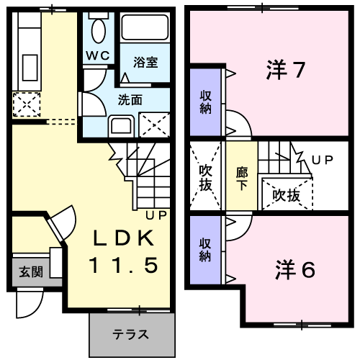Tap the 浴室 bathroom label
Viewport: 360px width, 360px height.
coord(145,62)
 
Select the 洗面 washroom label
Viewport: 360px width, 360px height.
coord(130,99)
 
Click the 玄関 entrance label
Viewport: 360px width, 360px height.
coord(30,271)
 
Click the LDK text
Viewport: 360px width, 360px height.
coord(122,238)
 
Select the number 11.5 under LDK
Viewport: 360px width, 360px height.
coord(122,265)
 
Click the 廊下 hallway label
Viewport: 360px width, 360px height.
coord(242,178)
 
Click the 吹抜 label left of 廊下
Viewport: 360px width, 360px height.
coord(206,178)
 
